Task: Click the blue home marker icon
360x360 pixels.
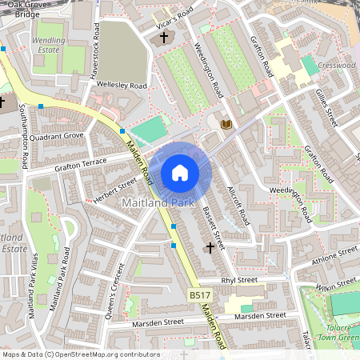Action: pyautogui.click(x=180, y=172)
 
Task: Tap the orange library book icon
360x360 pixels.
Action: pyautogui.click(x=226, y=123)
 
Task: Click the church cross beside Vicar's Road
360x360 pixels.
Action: pyautogui.click(x=165, y=37)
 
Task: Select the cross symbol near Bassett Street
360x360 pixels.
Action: pyautogui.click(x=210, y=248)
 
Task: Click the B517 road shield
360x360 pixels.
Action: pyautogui.click(x=200, y=296)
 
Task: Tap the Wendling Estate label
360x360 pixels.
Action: pyautogui.click(x=49, y=44)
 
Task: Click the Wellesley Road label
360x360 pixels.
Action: pyautogui.click(x=122, y=85)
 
